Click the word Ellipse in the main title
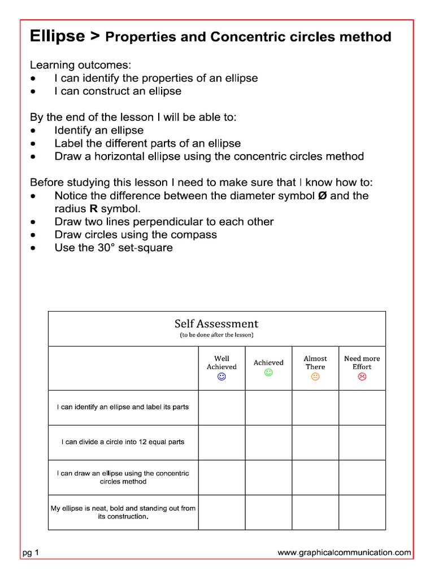pos(57,37)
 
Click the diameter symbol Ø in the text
pos(318,196)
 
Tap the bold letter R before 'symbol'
pos(94,209)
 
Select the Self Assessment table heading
pos(216,324)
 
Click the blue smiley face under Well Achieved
pos(222,376)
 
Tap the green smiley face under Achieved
pos(268,373)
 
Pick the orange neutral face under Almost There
pos(315,376)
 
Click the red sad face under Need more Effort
pos(362,376)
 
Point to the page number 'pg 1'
pos(31,553)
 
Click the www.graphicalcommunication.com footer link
pos(344,553)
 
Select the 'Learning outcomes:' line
pos(80,65)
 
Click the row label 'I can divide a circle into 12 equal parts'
pos(123,442)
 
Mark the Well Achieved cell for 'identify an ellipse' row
pos(222,407)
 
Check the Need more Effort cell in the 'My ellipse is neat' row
pos(362,512)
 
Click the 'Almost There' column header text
pos(315,362)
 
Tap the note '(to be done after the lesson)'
pos(216,335)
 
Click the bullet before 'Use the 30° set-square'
pos(35,248)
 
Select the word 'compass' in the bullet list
pos(197,235)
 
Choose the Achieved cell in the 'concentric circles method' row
pos(268,477)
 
